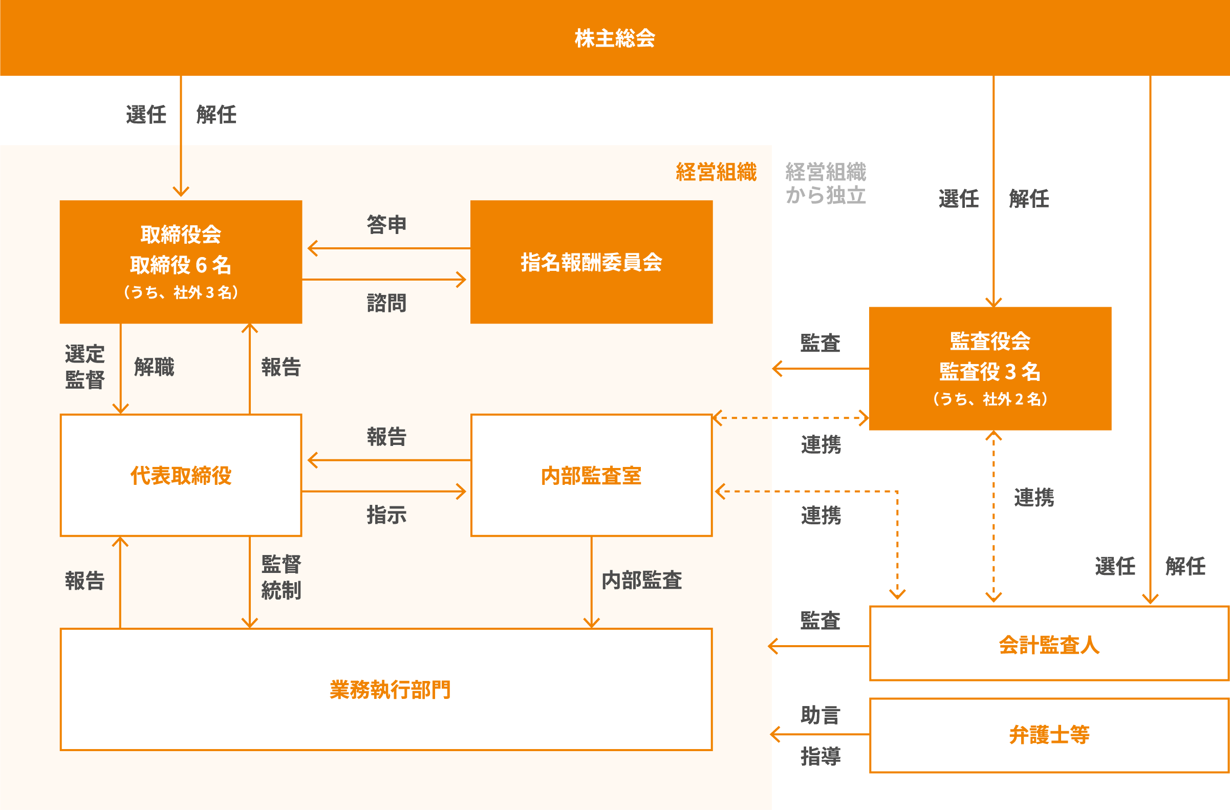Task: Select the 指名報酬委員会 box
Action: pos(591,262)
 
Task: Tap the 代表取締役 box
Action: pos(181,475)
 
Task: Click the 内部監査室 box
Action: pos(591,475)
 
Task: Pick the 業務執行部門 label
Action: pos(390,689)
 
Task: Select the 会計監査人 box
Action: pos(1049,644)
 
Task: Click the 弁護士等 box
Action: pos(1049,735)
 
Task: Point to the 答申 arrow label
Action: pos(386,224)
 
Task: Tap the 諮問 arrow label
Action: pos(386,303)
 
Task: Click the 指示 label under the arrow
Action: pos(386,515)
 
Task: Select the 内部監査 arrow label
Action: pos(641,580)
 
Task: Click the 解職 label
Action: pos(154,367)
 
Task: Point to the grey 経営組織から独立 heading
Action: pos(825,183)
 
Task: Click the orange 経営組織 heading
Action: pos(716,172)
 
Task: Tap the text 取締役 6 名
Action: pos(180,265)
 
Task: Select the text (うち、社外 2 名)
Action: pos(990,398)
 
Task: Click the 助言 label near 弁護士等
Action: pos(820,715)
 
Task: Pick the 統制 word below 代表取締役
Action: pos(281,590)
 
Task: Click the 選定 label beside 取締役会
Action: pos(85,354)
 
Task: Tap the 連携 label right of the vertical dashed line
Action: pos(1033,497)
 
